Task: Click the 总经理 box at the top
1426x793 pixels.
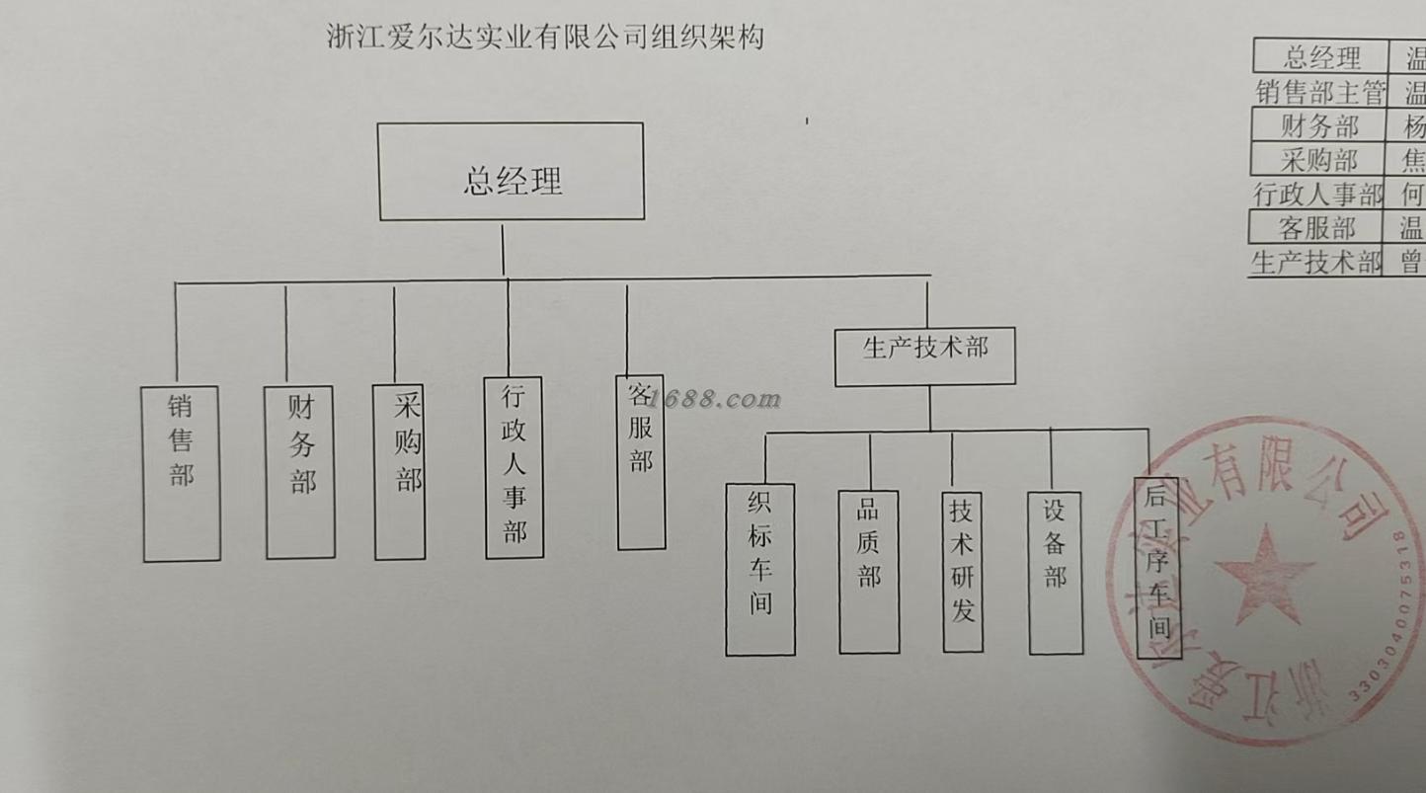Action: (512, 172)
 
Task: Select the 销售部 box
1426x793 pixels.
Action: (182, 474)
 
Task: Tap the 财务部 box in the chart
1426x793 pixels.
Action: (300, 472)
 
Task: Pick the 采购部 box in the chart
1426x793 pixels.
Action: (400, 472)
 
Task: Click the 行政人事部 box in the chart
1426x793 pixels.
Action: (514, 468)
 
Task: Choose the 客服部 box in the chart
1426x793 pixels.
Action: (641, 462)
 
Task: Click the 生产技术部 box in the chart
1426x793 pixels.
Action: (925, 357)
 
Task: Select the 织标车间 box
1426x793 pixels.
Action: (760, 569)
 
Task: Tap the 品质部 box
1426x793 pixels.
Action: (869, 571)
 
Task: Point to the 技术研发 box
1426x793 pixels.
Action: (963, 571)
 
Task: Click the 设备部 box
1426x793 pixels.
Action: (1056, 573)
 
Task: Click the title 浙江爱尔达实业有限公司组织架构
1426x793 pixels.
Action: (545, 38)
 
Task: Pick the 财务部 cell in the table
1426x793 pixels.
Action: (1320, 126)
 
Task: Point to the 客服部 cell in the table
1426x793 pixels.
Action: (1317, 228)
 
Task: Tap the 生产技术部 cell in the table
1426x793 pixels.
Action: (1316, 263)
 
